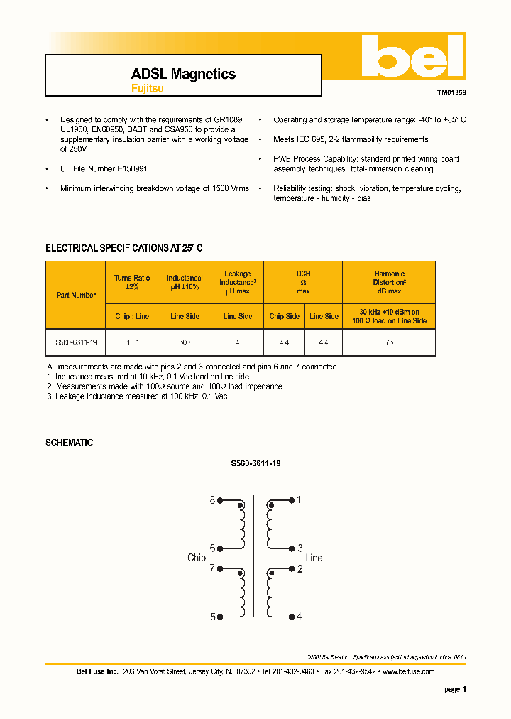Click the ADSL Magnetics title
(x=183, y=74)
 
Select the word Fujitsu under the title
(x=147, y=89)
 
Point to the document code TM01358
(x=451, y=92)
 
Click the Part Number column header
(x=76, y=295)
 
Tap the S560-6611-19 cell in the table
(x=76, y=342)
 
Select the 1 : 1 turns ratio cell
(x=132, y=342)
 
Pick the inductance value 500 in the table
(x=184, y=342)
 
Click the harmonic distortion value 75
(x=389, y=342)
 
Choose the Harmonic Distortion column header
(x=389, y=282)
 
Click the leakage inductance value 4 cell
(x=237, y=342)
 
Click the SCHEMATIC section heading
(x=69, y=443)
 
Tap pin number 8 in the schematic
(x=211, y=500)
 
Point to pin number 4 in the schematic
(x=299, y=617)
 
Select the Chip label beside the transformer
(x=197, y=558)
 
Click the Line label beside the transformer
(x=314, y=558)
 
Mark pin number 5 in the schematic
(x=211, y=617)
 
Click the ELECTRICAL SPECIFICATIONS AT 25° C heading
(x=124, y=248)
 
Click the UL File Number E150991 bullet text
(x=104, y=169)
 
